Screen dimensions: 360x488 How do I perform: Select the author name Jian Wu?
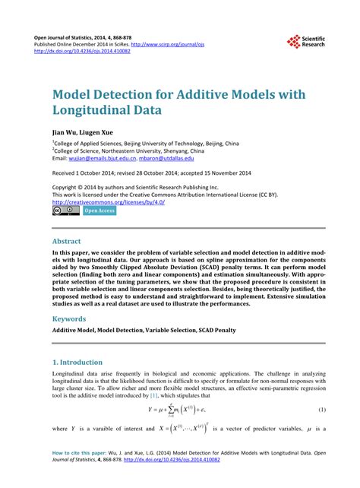pyautogui.click(x=66, y=132)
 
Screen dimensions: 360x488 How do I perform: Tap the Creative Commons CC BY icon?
pyautogui.click(x=65, y=211)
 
